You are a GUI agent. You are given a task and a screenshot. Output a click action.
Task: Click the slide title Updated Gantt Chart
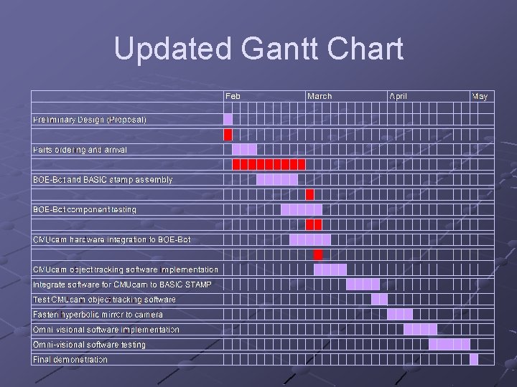click(258, 49)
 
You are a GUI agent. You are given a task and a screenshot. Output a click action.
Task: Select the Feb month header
click(233, 96)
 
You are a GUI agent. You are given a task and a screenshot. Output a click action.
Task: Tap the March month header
click(320, 96)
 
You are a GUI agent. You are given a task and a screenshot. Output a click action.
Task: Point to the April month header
click(398, 96)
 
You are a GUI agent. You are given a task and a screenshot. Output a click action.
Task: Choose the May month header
click(480, 96)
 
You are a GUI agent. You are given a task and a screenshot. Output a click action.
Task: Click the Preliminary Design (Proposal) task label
click(90, 119)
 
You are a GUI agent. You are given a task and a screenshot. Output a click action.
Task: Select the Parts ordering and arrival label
click(80, 150)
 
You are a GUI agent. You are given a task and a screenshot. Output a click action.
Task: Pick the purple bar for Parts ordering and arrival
click(244, 150)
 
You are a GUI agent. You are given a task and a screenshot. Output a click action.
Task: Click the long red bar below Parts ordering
click(269, 164)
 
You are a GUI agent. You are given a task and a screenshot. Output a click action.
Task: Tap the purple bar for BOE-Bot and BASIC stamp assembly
click(276, 179)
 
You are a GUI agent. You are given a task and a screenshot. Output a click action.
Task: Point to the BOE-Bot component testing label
click(85, 209)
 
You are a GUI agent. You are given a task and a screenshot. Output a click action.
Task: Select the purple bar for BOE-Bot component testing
click(302, 209)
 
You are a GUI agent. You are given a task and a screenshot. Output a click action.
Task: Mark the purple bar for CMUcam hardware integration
click(309, 239)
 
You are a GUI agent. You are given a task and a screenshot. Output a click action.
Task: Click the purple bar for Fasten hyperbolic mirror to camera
click(400, 314)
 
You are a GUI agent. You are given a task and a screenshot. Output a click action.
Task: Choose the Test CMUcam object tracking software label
click(104, 299)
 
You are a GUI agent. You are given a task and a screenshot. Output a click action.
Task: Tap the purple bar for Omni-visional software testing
click(450, 344)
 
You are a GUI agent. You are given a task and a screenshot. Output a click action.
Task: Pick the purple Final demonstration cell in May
click(474, 359)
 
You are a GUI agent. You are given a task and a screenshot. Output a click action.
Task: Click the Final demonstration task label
click(70, 359)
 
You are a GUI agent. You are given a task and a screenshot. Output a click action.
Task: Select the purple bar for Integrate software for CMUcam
click(363, 285)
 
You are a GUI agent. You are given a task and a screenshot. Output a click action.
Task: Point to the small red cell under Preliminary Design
click(228, 134)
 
